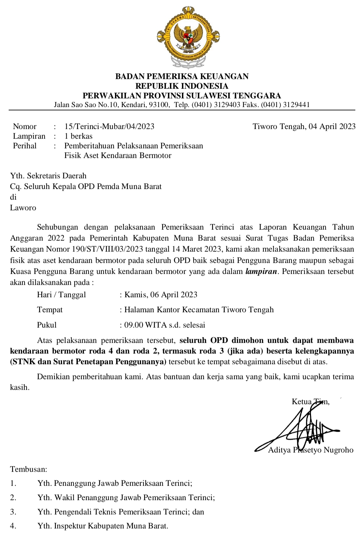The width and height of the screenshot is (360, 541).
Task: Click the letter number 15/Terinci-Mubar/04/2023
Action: tap(109, 127)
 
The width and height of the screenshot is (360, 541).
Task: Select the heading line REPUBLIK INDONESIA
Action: tap(182, 86)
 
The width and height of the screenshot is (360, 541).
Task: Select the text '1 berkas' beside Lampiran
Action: tap(78, 136)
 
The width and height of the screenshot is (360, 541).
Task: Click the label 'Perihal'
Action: tap(25, 146)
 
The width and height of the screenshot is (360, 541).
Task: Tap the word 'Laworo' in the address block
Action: tap(23, 208)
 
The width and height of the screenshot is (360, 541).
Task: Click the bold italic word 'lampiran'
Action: tap(261, 271)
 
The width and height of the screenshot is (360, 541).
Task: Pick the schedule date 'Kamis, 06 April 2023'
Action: tap(161, 295)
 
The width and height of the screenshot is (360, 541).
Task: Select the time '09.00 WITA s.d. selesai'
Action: tap(165, 325)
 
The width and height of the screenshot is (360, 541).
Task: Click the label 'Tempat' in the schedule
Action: tap(50, 310)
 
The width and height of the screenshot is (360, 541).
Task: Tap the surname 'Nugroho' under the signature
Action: tap(338, 450)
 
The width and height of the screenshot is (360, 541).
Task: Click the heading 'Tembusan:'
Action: tap(29, 469)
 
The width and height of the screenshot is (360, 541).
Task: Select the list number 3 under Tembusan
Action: tap(13, 512)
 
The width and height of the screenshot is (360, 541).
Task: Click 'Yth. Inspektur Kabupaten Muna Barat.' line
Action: tap(103, 526)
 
